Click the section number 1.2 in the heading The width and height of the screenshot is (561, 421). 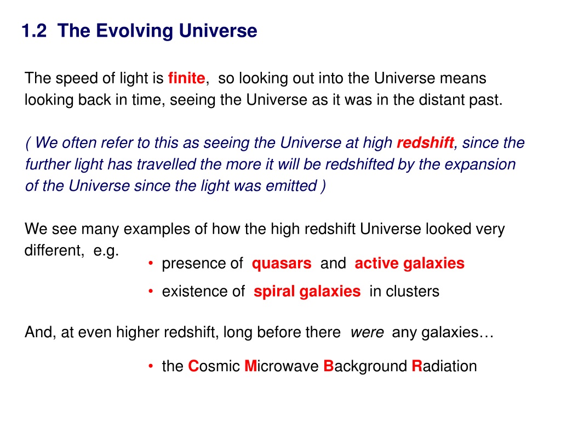[x=34, y=31]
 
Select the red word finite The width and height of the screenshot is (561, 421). [x=186, y=78]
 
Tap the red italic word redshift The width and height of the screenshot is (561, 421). [x=425, y=143]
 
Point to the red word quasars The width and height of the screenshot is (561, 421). [x=282, y=264]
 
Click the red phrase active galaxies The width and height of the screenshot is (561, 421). [x=410, y=264]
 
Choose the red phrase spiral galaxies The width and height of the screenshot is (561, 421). [x=307, y=292]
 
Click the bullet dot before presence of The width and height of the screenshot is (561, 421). [x=151, y=264]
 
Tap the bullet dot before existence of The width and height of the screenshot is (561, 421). [x=151, y=292]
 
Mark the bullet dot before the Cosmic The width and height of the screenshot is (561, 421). [x=151, y=366]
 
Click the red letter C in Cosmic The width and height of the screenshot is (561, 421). [x=193, y=366]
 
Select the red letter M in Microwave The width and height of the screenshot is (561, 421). [x=250, y=366]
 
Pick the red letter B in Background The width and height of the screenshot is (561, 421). [x=329, y=366]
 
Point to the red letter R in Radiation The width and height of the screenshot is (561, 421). [x=417, y=366]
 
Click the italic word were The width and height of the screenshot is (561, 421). [x=367, y=333]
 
